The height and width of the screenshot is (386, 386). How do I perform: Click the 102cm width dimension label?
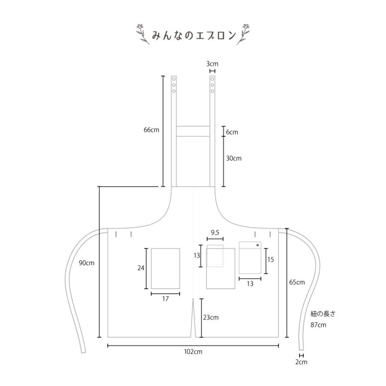[193, 352]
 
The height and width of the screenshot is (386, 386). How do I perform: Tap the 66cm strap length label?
[151, 130]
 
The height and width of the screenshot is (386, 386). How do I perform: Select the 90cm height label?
[86, 263]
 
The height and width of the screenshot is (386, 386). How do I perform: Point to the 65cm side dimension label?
[297, 282]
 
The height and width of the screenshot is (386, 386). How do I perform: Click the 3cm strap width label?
[212, 64]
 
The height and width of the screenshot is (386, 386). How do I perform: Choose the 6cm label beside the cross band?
[232, 132]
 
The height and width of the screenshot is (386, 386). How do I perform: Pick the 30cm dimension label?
[234, 158]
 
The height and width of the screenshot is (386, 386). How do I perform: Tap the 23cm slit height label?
[211, 317]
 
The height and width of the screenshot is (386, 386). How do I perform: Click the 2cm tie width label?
[302, 362]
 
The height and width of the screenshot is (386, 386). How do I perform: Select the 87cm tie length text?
[318, 325]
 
